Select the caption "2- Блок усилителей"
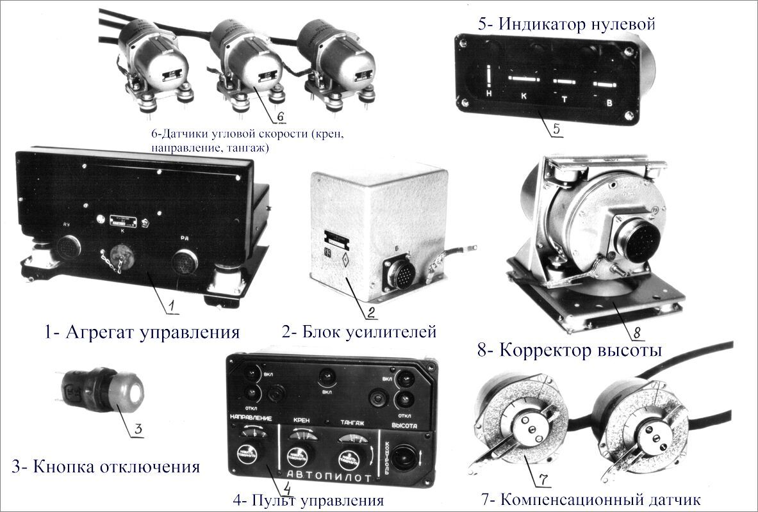pos(359,332)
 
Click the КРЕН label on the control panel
pos(301,420)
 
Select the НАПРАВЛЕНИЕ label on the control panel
pos(251,418)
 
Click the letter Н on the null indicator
pos(489,94)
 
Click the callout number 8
pos(636,332)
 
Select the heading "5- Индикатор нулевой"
pos(566,25)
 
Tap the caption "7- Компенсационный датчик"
pos(590,499)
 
